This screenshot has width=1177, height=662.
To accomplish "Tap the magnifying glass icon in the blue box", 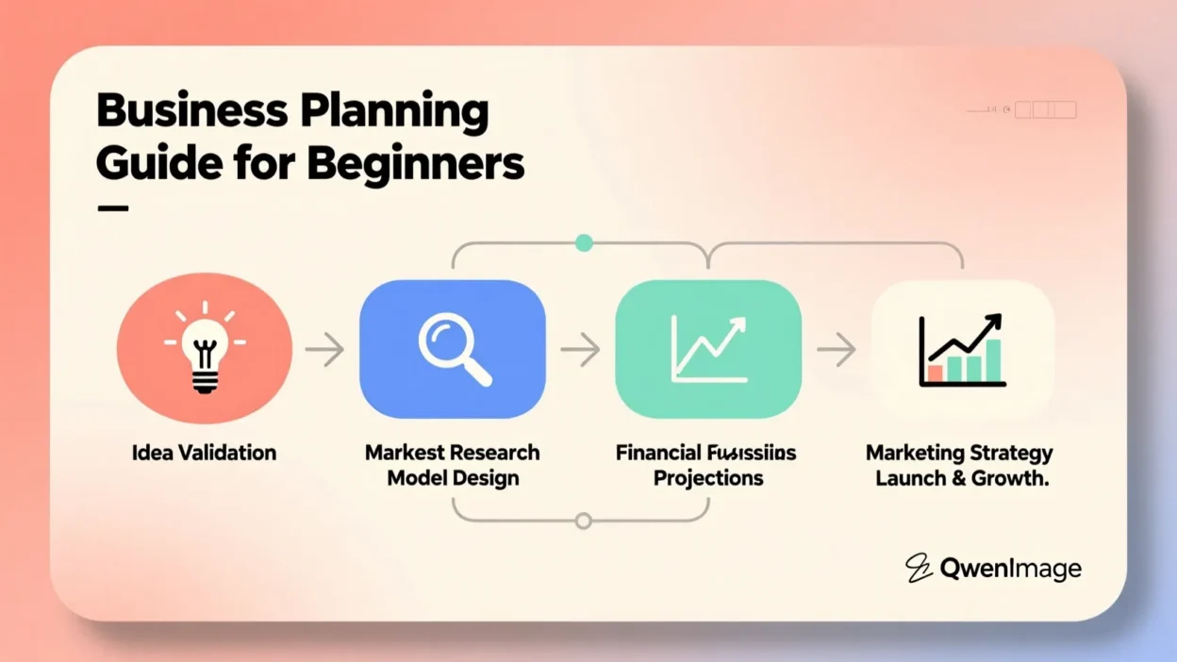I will pos(454,350).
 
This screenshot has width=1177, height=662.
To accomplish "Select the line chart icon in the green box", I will pos(708,350).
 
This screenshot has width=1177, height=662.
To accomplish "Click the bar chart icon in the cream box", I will pos(962,351).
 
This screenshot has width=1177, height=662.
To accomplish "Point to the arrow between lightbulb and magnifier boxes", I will pos(324,350).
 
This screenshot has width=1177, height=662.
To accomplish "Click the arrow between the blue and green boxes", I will pos(580,350).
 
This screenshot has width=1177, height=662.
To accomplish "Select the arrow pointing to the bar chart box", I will pos(836,350).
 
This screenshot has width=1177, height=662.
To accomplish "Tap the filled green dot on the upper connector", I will pos(584,243).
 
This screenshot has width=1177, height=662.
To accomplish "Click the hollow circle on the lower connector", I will pos(584,521).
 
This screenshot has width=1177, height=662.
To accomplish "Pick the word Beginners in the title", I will pos(415,163).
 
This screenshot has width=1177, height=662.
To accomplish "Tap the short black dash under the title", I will pos(112,208).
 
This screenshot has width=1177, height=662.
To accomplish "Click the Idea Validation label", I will pos(204,453).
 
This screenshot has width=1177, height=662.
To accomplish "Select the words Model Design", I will pos(453,478).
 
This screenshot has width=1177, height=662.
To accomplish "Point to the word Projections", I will pos(707,478).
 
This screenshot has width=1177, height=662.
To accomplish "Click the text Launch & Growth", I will pos(961,478).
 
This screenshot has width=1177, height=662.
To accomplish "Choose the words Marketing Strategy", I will pos(959,454).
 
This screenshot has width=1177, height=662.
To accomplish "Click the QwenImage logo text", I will pos(1010,569).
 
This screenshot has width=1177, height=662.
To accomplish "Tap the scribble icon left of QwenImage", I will pos(919,568).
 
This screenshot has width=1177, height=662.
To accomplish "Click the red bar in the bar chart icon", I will pos(935,373).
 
